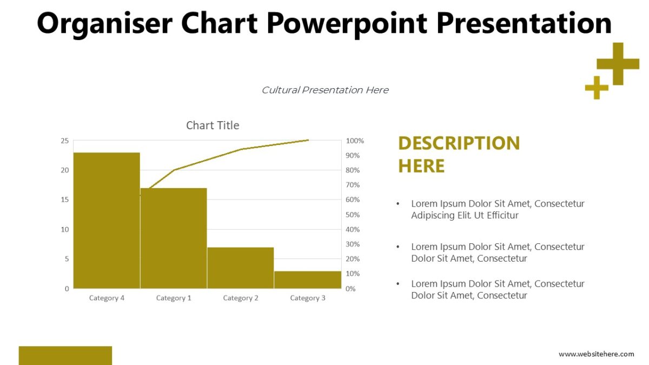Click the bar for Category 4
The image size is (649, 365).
click(107, 220)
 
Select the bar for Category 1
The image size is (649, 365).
click(174, 238)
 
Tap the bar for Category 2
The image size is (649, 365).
click(240, 268)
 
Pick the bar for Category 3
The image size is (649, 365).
click(307, 280)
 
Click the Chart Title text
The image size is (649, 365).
click(213, 125)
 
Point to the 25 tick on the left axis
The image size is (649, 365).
click(64, 141)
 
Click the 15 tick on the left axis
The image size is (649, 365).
click(64, 200)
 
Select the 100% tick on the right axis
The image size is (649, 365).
click(355, 141)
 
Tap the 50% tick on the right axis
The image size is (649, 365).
click(353, 215)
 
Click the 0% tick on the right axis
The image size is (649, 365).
click(350, 289)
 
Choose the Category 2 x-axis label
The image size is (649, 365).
click(241, 298)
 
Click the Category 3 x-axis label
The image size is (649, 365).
click(308, 298)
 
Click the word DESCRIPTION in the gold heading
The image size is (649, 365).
click(459, 143)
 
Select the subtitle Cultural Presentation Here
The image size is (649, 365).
click(325, 90)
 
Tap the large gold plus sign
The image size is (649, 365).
click(618, 64)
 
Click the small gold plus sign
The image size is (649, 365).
click(597, 88)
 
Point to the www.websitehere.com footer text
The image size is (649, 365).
click(596, 354)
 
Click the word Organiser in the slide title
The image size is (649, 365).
click(105, 23)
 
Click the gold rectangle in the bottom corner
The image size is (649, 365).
click(65, 355)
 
